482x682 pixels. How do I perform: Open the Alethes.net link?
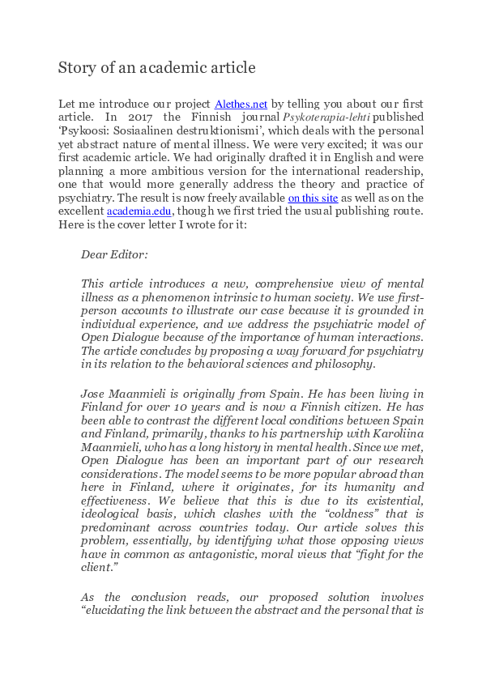click(241, 104)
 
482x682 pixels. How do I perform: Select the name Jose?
click(95, 392)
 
